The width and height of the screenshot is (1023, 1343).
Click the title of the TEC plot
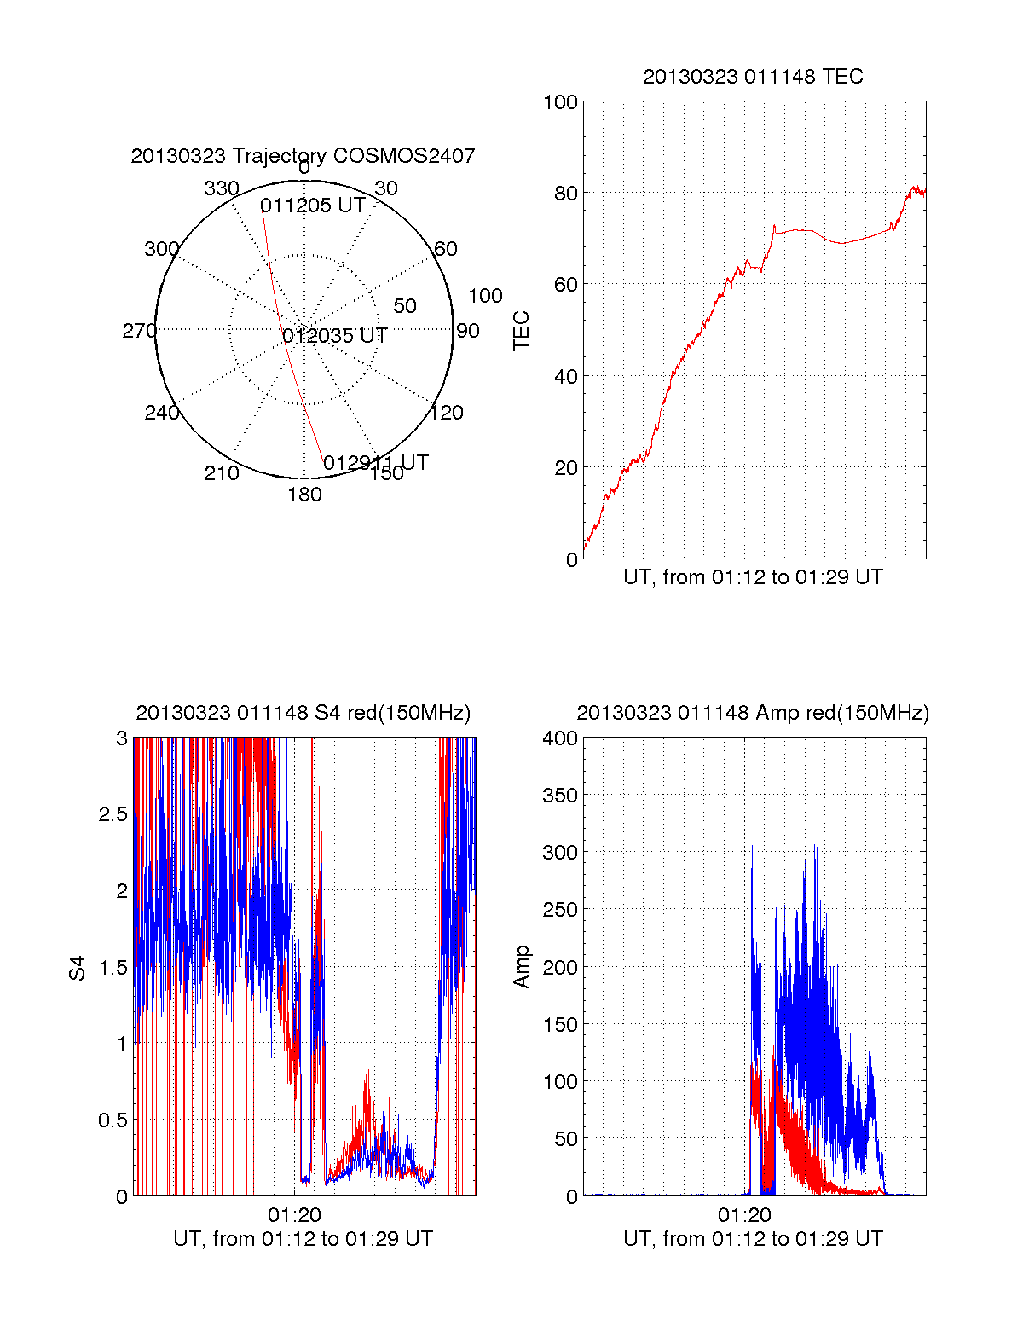[x=753, y=77]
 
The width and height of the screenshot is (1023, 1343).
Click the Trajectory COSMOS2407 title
[x=303, y=156]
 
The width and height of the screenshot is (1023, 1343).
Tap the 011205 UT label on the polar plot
[x=313, y=206]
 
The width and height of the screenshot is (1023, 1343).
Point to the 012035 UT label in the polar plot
[x=335, y=336]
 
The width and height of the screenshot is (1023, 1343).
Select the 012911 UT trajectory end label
[x=375, y=463]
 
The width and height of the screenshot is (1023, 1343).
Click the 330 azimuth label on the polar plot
[x=222, y=188]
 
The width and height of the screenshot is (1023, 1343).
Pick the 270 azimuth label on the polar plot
[x=140, y=331]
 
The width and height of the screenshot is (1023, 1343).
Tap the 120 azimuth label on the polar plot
[x=447, y=413]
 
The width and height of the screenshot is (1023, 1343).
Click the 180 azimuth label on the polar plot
[x=304, y=495]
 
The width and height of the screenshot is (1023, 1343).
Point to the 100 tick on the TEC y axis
[x=560, y=102]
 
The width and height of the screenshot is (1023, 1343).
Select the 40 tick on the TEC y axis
[x=566, y=376]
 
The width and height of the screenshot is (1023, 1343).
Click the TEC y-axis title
[x=522, y=331]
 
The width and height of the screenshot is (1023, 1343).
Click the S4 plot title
[x=303, y=713]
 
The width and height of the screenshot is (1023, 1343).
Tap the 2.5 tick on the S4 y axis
[x=113, y=814]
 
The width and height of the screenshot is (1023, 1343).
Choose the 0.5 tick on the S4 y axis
[x=113, y=1120]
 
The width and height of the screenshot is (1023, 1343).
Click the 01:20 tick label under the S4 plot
[x=294, y=1215]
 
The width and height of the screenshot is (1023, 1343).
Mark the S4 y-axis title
[x=78, y=968]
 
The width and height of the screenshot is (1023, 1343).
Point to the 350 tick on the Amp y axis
[x=560, y=796]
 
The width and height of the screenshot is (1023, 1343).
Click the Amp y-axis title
[x=522, y=967]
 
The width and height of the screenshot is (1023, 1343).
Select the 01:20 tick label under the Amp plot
[x=744, y=1215]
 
